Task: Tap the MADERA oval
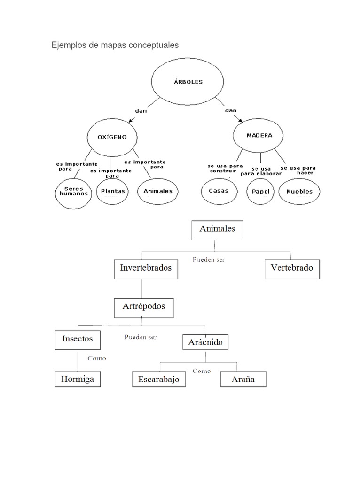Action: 259,136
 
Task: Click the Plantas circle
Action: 113,191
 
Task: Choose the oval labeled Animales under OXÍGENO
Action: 158,191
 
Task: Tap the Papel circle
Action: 260,192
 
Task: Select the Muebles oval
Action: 299,192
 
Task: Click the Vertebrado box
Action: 292,269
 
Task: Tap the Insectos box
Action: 78,339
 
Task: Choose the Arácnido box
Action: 205,342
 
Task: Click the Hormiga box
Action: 78,379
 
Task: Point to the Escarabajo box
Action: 159,380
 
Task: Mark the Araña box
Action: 243,380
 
